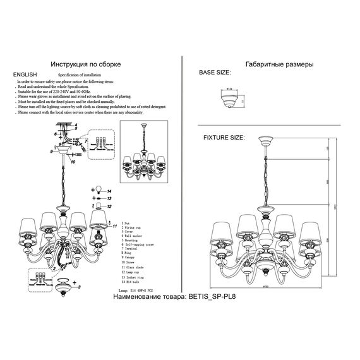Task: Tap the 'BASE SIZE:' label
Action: pyautogui.click(x=215, y=75)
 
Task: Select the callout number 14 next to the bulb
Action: pyautogui.click(x=109, y=190)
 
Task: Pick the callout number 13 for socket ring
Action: pyautogui.click(x=109, y=198)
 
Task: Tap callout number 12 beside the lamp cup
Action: pyautogui.click(x=109, y=206)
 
